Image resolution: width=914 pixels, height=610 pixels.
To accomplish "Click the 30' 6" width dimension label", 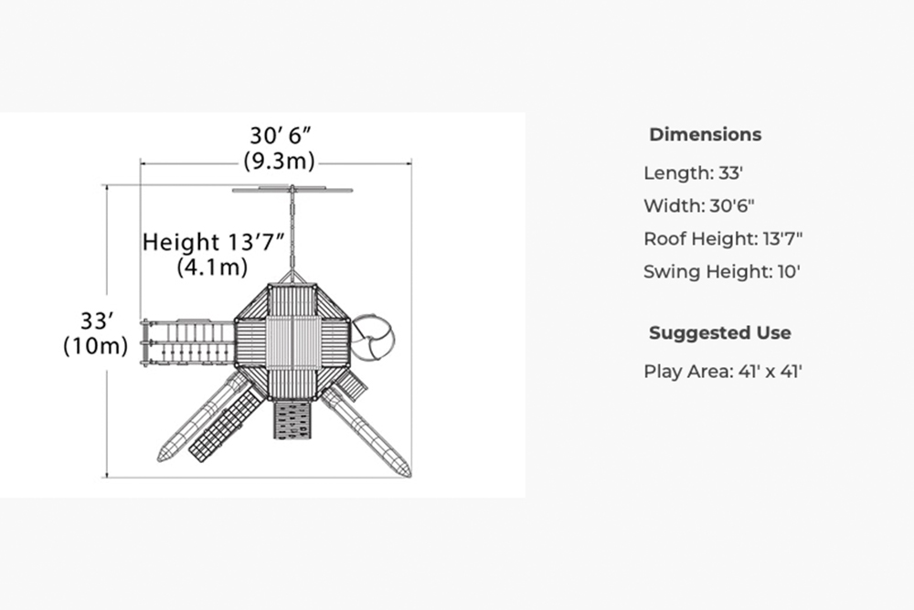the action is [x=281, y=136].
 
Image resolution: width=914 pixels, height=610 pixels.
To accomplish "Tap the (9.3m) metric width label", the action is [x=279, y=160].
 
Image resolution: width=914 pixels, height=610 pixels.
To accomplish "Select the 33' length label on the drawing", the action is [x=96, y=321].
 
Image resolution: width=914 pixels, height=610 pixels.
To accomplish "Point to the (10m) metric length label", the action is [x=96, y=345].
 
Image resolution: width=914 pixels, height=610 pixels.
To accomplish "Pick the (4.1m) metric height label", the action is [x=212, y=267].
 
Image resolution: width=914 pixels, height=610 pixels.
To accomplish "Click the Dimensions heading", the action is [x=706, y=134].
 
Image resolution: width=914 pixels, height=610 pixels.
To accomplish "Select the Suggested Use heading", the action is [x=720, y=332].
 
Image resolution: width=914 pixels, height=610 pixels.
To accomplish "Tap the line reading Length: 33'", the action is [x=693, y=173].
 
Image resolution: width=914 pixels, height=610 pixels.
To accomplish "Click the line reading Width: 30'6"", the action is [x=699, y=205].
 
